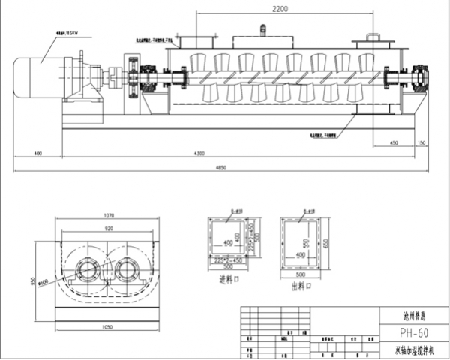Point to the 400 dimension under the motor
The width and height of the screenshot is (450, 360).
pyautogui.click(x=37, y=154)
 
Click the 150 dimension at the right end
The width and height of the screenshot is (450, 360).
pyautogui.click(x=421, y=142)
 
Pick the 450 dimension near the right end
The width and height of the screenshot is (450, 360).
pyautogui.click(x=394, y=142)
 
